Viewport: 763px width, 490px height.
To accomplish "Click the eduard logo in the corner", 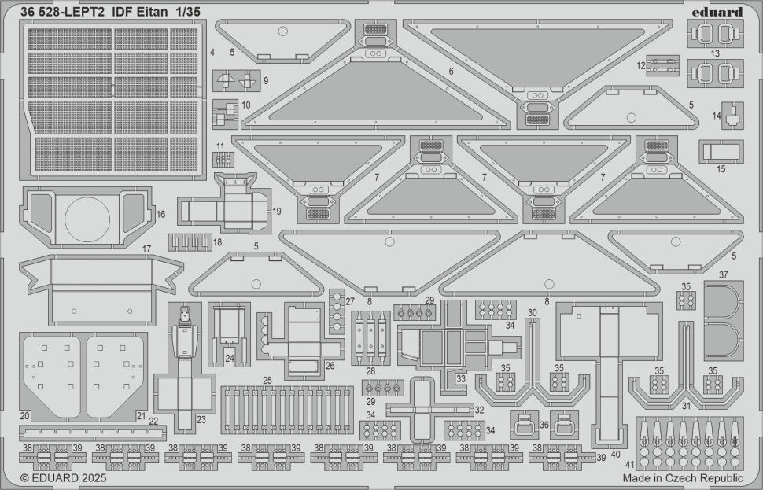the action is [717, 12].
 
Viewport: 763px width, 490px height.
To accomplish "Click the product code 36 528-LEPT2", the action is [62, 12].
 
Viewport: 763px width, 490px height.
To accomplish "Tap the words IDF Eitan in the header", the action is [138, 12].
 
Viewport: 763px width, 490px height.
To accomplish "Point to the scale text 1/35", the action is [187, 12].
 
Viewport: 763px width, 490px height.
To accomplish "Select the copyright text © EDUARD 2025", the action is [63, 478].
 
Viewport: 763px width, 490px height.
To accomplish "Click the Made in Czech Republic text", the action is [683, 478].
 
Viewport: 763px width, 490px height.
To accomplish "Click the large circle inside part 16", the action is [87, 219].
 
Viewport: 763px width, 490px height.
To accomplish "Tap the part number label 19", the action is [277, 212].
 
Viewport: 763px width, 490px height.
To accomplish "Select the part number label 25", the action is [267, 380].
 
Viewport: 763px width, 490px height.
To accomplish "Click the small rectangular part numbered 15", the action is [721, 151].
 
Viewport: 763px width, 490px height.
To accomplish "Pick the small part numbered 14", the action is [732, 116].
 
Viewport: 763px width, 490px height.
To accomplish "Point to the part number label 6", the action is [451, 72].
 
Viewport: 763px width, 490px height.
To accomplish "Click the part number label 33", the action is [461, 378].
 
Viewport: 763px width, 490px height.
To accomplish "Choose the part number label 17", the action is [146, 249].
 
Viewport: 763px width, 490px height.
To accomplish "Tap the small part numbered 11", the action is [223, 160].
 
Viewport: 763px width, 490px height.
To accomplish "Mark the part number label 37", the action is [724, 275].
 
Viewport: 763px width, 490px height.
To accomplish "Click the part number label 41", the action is [630, 464].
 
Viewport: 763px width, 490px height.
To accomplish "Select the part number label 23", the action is [201, 419].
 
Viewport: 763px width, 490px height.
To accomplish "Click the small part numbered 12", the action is [662, 66].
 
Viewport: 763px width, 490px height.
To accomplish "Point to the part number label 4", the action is [212, 52].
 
